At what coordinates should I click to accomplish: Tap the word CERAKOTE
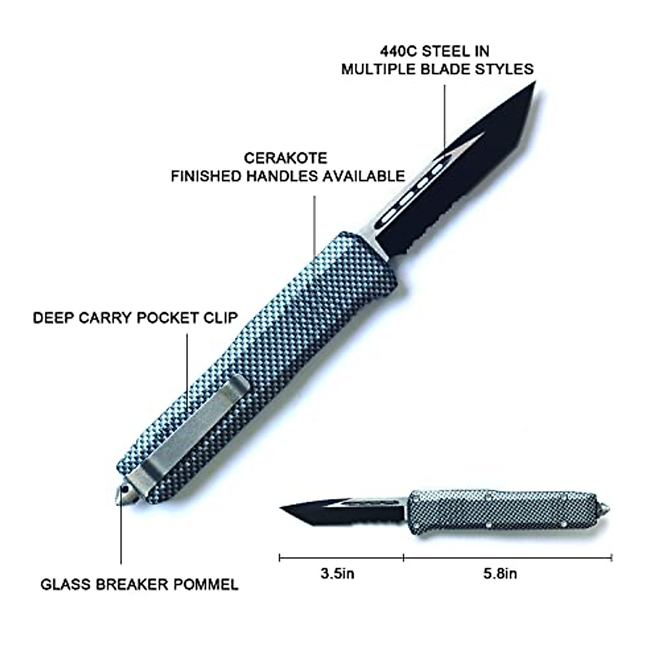tap(285, 158)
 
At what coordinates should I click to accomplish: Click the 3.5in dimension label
tap(337, 574)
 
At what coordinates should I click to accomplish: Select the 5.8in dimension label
tap(500, 574)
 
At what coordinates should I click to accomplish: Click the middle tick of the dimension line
tap(404, 558)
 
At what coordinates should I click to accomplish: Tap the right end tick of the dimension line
tap(612, 558)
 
